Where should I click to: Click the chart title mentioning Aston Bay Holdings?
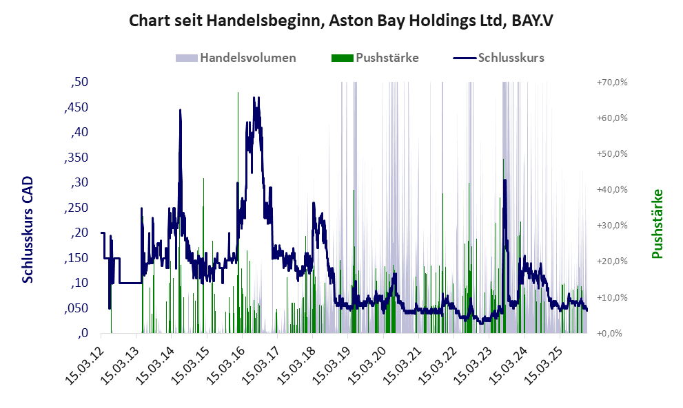[x=341, y=21]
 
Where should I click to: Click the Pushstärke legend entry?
[x=387, y=58]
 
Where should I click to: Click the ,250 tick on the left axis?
[x=77, y=208]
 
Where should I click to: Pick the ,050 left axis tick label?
[x=77, y=308]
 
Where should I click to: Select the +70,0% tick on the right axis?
[x=611, y=83]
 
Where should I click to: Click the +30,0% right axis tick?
[x=611, y=226]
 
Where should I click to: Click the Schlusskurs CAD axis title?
[x=28, y=229]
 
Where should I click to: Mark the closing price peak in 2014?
[x=180, y=110]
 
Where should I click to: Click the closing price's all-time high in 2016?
[x=254, y=98]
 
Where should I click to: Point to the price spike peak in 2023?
[x=505, y=180]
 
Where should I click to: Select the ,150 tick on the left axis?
[x=77, y=258]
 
